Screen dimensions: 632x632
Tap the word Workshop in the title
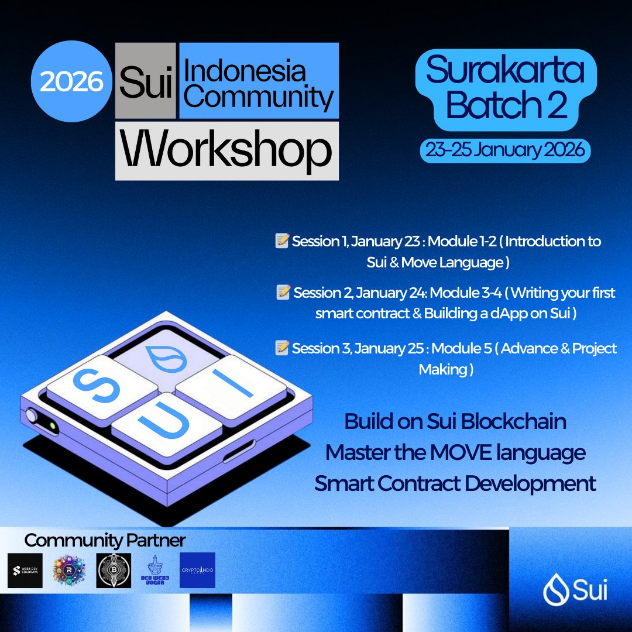(x=226, y=150)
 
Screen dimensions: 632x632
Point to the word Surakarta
(x=504, y=71)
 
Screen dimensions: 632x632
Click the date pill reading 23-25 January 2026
(x=504, y=150)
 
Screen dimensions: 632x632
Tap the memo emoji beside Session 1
(x=283, y=241)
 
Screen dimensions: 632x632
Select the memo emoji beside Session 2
(x=284, y=292)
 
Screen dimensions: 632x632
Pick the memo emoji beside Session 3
(x=283, y=348)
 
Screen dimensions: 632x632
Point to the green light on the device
(x=53, y=426)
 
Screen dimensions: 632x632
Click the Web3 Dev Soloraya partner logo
(x=25, y=570)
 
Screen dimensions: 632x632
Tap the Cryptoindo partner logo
(x=197, y=570)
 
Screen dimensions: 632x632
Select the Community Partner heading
(x=105, y=539)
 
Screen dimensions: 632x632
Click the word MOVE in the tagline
(x=453, y=452)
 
